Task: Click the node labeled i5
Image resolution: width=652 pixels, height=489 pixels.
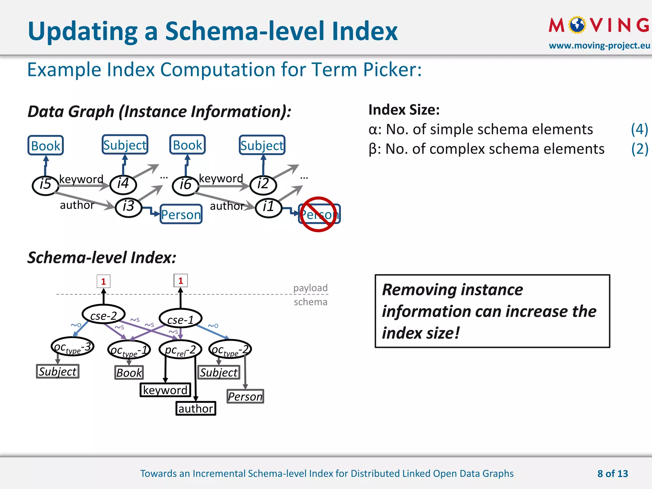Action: tap(46, 185)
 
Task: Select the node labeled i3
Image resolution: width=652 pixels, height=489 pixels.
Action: tap(128, 207)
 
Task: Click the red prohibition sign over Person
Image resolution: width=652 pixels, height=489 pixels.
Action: tap(318, 214)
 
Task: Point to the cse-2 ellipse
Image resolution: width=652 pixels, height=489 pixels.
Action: tap(103, 315)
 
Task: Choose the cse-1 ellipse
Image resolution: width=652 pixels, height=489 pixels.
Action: tap(181, 319)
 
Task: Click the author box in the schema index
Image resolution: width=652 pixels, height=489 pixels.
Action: tap(196, 408)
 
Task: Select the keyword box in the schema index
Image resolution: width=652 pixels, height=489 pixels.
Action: tap(165, 390)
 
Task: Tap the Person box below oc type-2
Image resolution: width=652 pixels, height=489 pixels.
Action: tap(245, 396)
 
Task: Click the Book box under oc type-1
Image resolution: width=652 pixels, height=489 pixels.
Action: tap(129, 372)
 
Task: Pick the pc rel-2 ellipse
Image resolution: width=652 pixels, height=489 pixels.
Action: tap(181, 350)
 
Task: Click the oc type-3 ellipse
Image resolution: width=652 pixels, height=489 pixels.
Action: tap(73, 347)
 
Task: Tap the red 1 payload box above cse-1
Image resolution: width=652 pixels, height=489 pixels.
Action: tap(181, 280)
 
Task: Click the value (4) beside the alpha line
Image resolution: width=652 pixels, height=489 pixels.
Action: tap(639, 129)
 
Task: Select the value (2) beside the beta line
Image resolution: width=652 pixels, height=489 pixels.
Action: tap(639, 149)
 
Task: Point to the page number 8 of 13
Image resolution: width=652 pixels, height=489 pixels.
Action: tap(613, 473)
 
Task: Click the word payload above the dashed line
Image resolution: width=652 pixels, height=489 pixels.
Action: tap(310, 288)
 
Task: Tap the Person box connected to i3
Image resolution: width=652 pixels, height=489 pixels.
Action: tap(181, 214)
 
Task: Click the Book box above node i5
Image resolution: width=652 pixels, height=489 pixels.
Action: tap(46, 145)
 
